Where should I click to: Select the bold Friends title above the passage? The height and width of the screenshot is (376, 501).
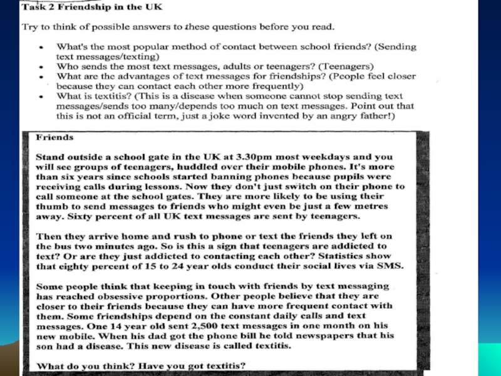(55, 135)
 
